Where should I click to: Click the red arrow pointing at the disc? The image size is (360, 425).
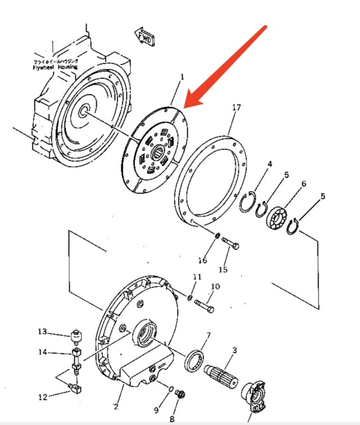click(x=226, y=66)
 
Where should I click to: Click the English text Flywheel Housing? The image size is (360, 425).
click(x=55, y=67)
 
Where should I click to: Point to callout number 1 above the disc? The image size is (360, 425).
click(x=181, y=78)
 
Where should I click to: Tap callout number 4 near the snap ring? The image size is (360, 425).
click(x=269, y=164)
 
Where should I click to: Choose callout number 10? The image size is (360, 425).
click(x=214, y=286)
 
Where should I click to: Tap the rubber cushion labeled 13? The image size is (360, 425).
click(x=77, y=333)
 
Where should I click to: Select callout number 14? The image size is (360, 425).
click(x=43, y=352)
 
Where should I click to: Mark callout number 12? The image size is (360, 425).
click(x=43, y=397)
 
